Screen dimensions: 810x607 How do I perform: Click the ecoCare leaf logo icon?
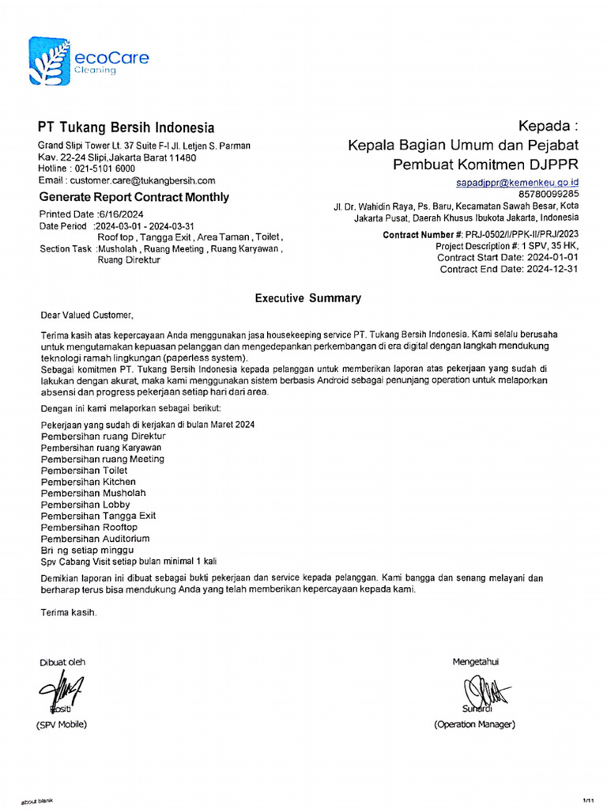pos(48,60)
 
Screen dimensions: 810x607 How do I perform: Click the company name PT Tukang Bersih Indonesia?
pos(126,127)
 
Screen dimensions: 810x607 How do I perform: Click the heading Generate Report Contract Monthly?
pos(134,197)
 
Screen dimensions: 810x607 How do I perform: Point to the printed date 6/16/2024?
pos(120,214)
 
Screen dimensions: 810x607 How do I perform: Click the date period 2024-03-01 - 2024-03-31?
pos(145,225)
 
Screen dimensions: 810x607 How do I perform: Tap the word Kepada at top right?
pos(548,127)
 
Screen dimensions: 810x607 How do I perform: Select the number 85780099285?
pos(549,193)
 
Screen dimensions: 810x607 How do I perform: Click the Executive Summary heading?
pos(307,298)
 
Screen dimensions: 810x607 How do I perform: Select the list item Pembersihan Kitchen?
pos(88,482)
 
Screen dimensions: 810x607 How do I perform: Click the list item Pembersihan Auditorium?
pos(95,539)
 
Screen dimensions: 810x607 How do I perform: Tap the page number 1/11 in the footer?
pos(587,800)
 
